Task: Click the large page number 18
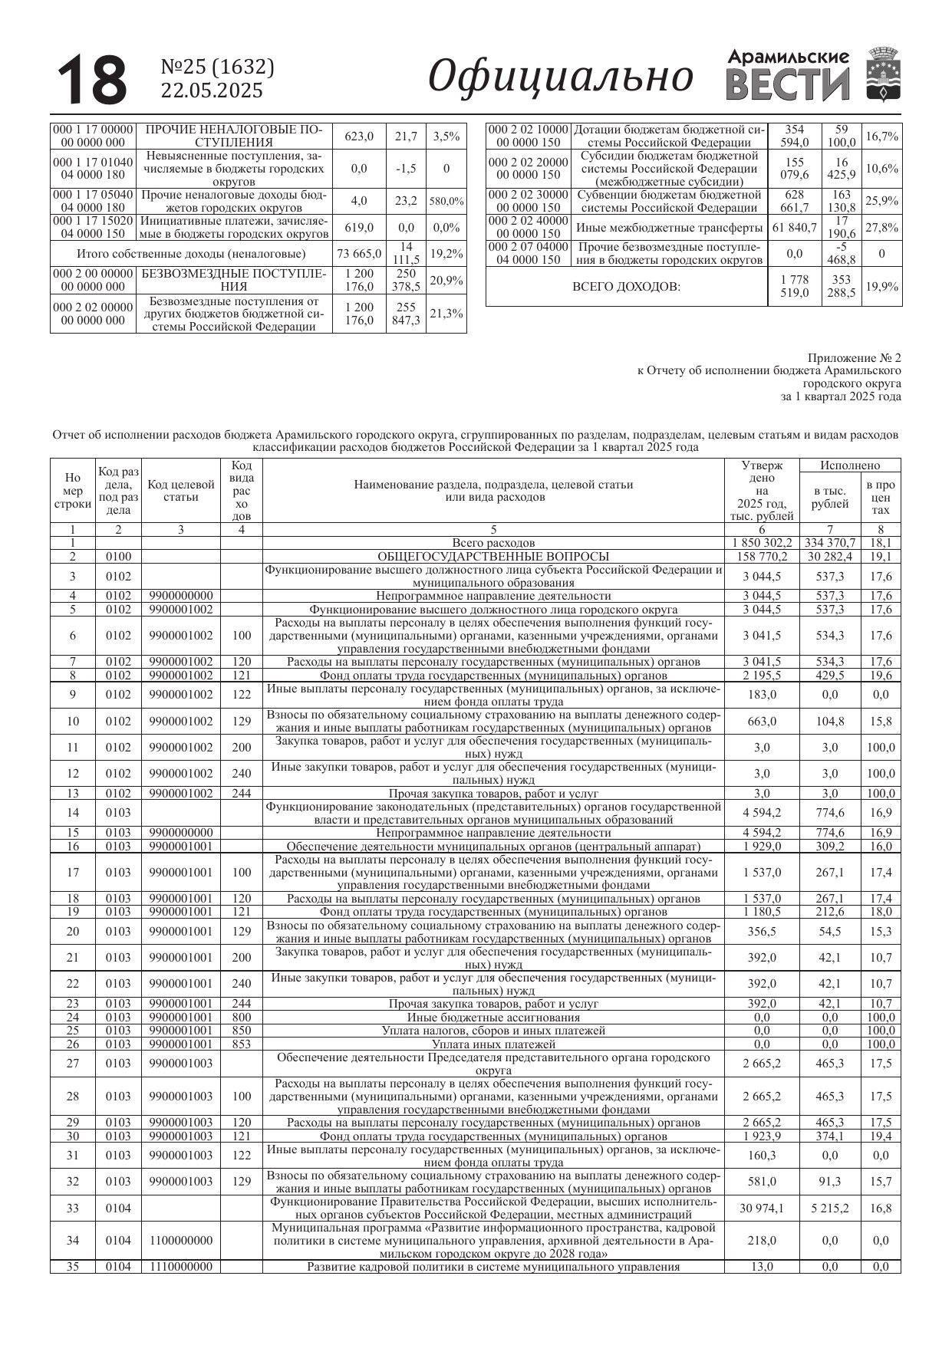(x=92, y=79)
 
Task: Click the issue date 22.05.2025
(x=211, y=90)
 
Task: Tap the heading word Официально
(x=560, y=77)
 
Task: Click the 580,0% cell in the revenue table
(x=446, y=201)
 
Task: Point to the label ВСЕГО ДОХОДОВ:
(x=626, y=287)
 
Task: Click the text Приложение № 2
(x=855, y=358)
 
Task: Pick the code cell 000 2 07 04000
(x=529, y=247)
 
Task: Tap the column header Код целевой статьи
(x=181, y=491)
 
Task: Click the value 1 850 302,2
(x=761, y=543)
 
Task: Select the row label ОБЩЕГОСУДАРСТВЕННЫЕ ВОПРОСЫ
(x=493, y=557)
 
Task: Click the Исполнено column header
(x=849, y=465)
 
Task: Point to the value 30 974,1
(x=761, y=1209)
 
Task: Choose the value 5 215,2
(x=829, y=1209)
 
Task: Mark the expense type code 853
(x=241, y=1044)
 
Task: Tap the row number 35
(x=73, y=1267)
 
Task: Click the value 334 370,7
(x=829, y=543)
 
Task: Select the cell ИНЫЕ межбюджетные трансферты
(x=669, y=228)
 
